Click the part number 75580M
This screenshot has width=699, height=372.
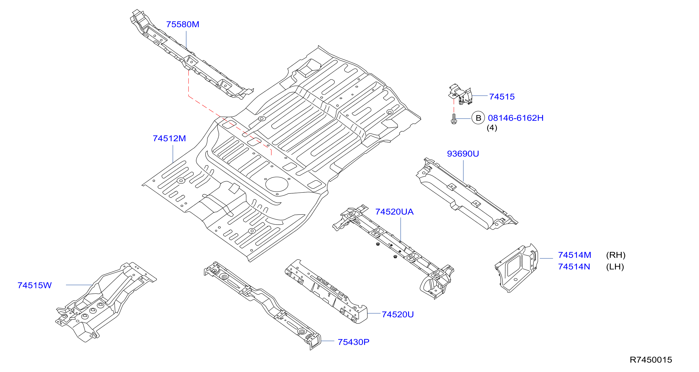[x=183, y=24]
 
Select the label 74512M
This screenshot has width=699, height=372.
[x=169, y=139]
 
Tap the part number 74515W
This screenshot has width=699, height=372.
[x=34, y=285]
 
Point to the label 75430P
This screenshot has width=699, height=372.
[x=353, y=342]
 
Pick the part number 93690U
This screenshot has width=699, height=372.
[x=463, y=154]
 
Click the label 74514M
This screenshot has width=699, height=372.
[x=575, y=255]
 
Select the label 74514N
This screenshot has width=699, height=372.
[x=574, y=267]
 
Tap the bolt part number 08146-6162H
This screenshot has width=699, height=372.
[x=516, y=118]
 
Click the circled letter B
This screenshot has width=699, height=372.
[x=478, y=118]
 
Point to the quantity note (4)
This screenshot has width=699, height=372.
[x=492, y=128]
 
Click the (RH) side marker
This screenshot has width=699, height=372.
[x=616, y=255]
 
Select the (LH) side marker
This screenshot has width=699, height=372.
[x=615, y=267]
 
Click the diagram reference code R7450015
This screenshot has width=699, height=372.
[x=651, y=360]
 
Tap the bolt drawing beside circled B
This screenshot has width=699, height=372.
[x=454, y=119]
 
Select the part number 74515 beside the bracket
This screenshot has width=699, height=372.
[x=502, y=97]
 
